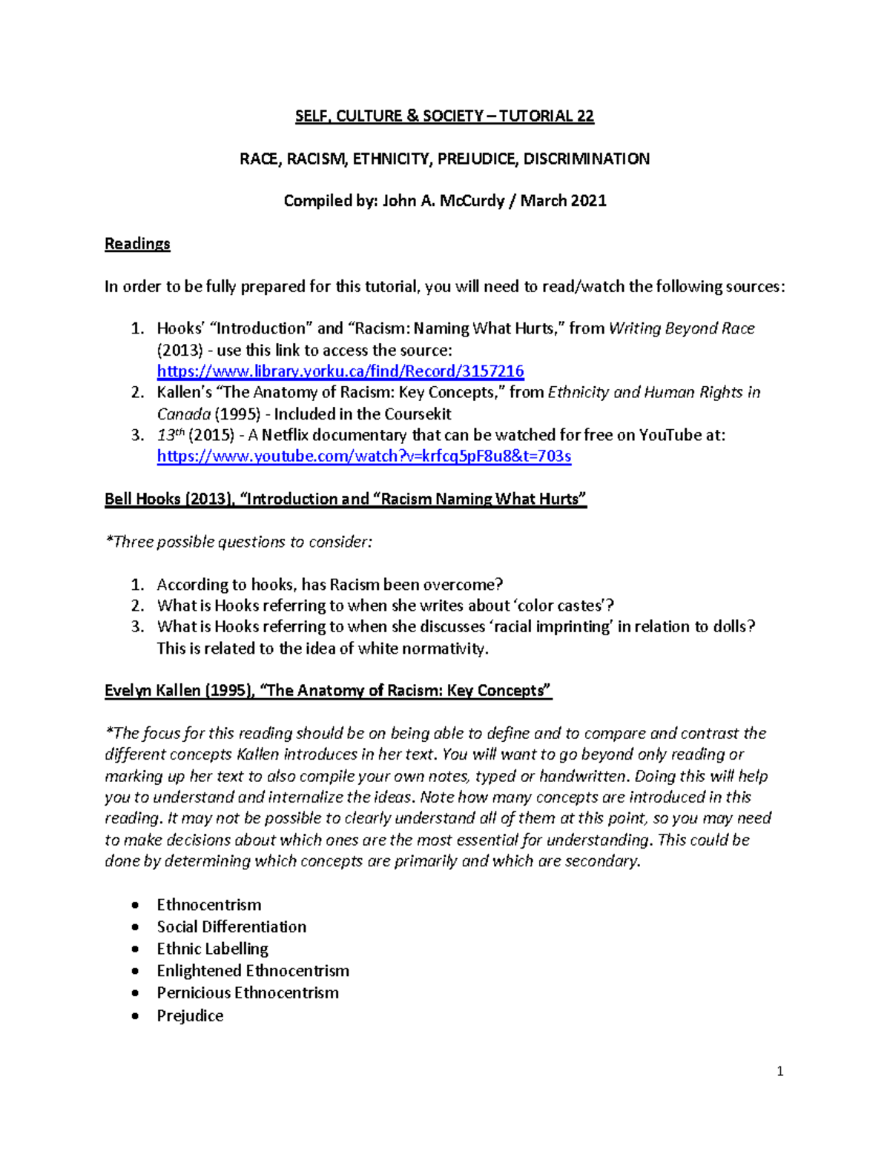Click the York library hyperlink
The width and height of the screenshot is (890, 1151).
(340, 371)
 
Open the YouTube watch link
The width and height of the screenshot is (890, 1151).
(363, 457)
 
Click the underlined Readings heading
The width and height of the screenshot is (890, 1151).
(137, 244)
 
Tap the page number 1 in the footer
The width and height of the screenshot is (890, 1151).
(779, 1071)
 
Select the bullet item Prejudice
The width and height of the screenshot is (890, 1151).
(190, 1015)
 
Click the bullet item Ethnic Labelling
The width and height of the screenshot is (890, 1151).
(212, 949)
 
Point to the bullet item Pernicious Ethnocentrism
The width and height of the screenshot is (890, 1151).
(248, 993)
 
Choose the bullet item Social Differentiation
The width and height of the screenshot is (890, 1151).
(231, 926)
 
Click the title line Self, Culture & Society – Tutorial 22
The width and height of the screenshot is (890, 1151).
(444, 116)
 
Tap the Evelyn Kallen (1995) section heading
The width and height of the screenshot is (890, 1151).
(328, 691)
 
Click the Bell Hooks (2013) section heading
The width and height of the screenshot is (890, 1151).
(345, 500)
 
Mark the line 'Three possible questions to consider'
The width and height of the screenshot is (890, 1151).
(238, 543)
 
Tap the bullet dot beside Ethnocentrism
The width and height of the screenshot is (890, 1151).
(134, 905)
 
